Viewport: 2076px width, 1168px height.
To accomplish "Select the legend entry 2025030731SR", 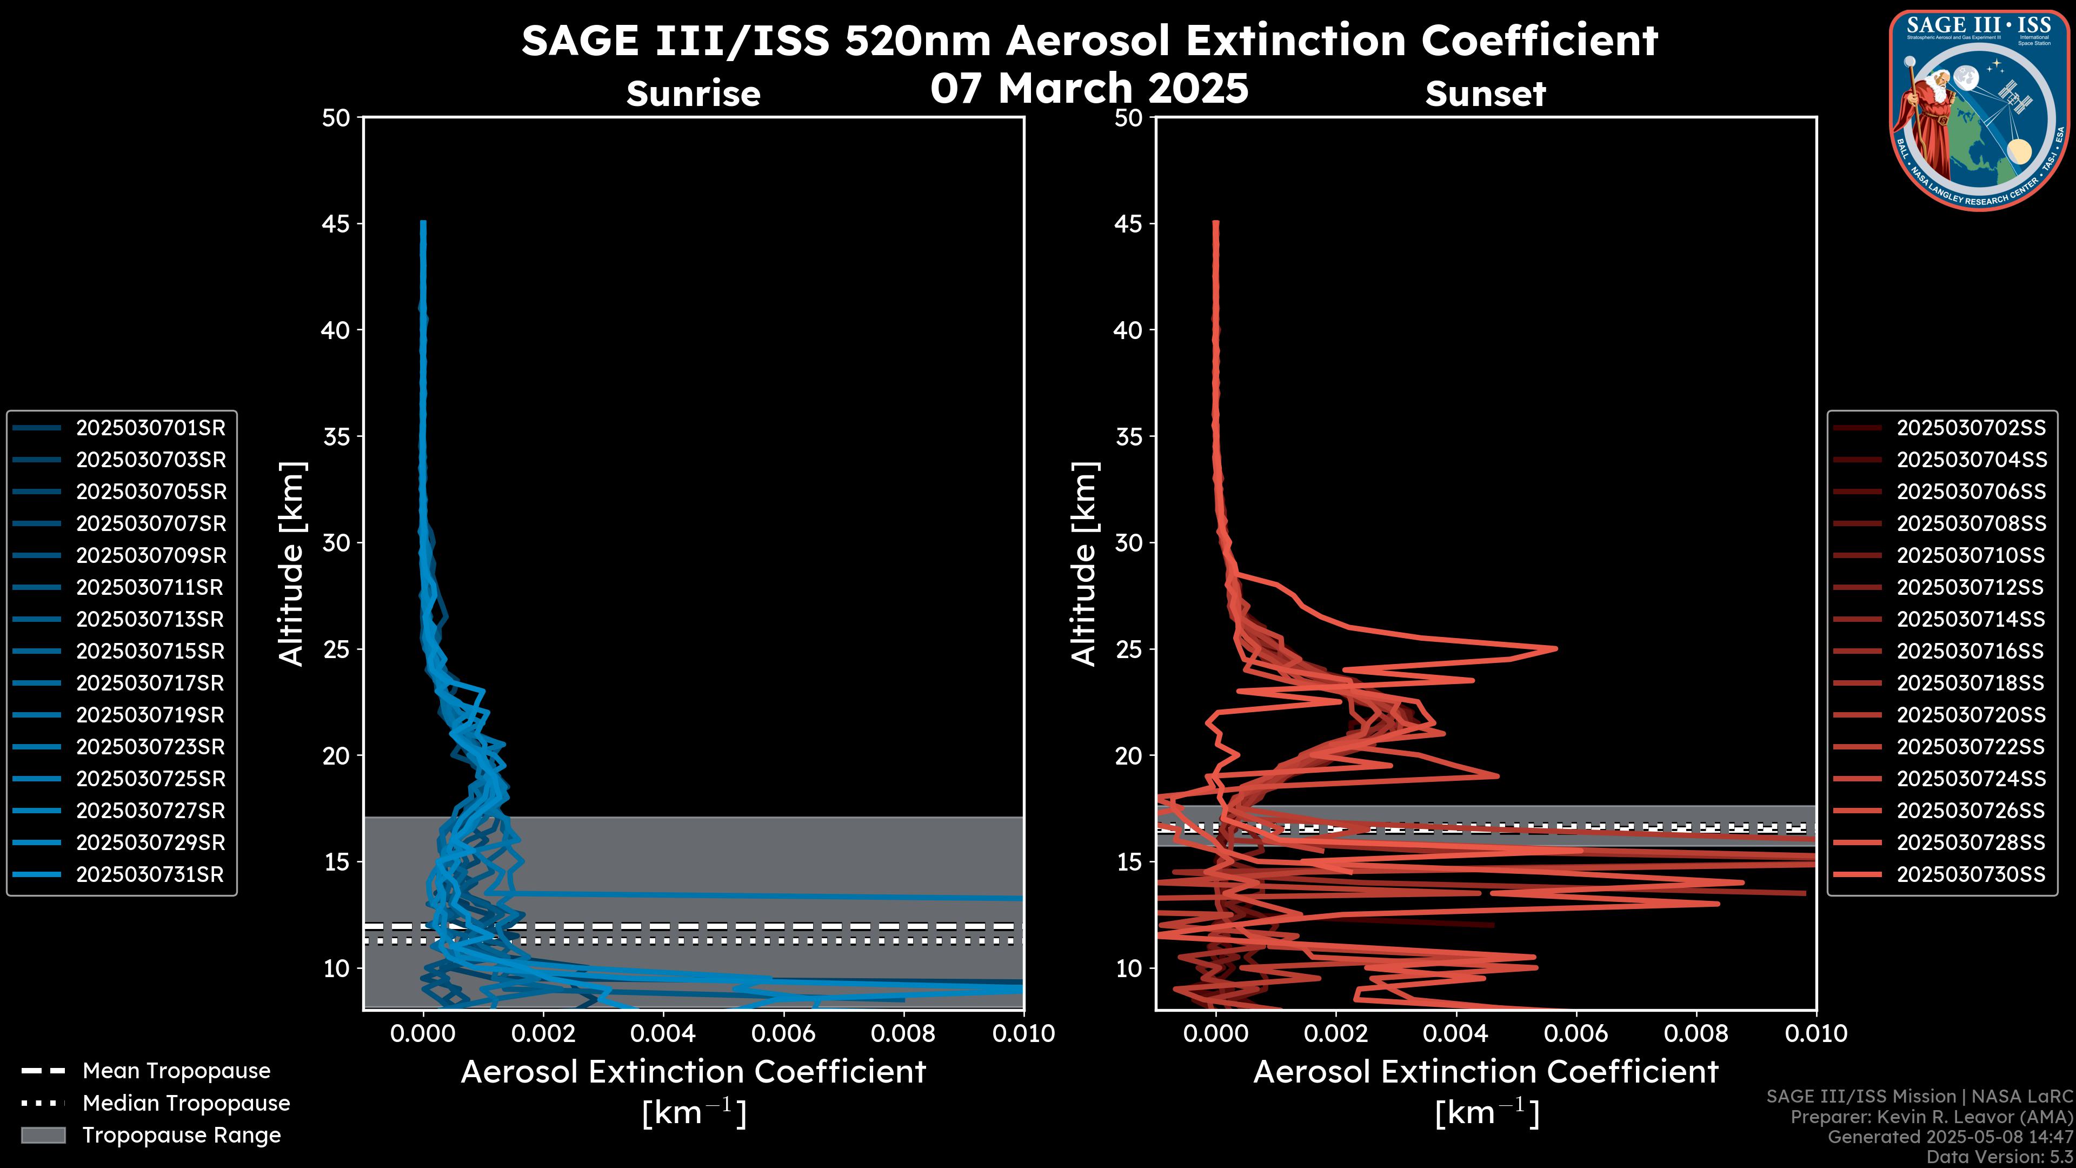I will click(150, 874).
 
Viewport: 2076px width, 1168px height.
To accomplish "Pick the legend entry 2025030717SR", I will click(150, 683).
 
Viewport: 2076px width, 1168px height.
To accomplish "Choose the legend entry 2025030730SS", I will click(1971, 874).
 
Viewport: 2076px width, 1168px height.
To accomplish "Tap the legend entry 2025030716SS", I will click(1971, 651).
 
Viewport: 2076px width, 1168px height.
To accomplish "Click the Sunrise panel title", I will click(693, 94).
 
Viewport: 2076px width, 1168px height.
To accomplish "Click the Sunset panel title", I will click(1485, 94).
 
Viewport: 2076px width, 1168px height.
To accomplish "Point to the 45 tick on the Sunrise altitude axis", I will click(337, 224).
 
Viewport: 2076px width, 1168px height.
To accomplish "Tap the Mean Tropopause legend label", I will click(176, 1071).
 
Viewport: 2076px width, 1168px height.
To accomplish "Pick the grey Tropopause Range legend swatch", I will click(43, 1135).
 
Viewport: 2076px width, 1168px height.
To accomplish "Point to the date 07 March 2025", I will click(1089, 89).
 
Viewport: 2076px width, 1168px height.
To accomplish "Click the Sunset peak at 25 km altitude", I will click(1555, 648).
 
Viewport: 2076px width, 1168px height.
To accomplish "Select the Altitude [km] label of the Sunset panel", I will click(1084, 564).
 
